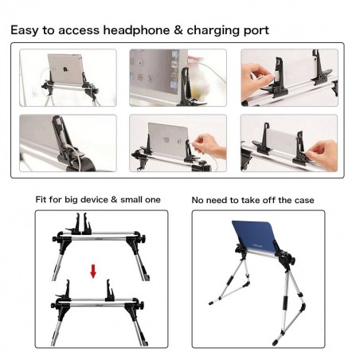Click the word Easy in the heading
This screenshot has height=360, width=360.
click(25, 30)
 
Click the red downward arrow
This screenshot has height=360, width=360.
click(93, 272)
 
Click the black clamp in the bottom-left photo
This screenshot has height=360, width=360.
click(57, 131)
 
